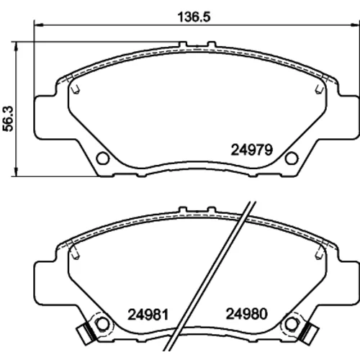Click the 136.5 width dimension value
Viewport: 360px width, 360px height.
(194, 17)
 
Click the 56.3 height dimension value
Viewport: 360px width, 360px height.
(8, 119)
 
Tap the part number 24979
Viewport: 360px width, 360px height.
(252, 150)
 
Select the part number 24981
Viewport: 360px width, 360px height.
(148, 315)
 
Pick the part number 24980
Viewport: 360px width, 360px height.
(247, 314)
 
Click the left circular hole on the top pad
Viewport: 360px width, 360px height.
(103, 158)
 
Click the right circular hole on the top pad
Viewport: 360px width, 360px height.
(292, 158)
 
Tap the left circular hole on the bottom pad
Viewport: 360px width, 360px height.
(102, 324)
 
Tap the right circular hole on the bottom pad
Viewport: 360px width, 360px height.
(292, 324)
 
